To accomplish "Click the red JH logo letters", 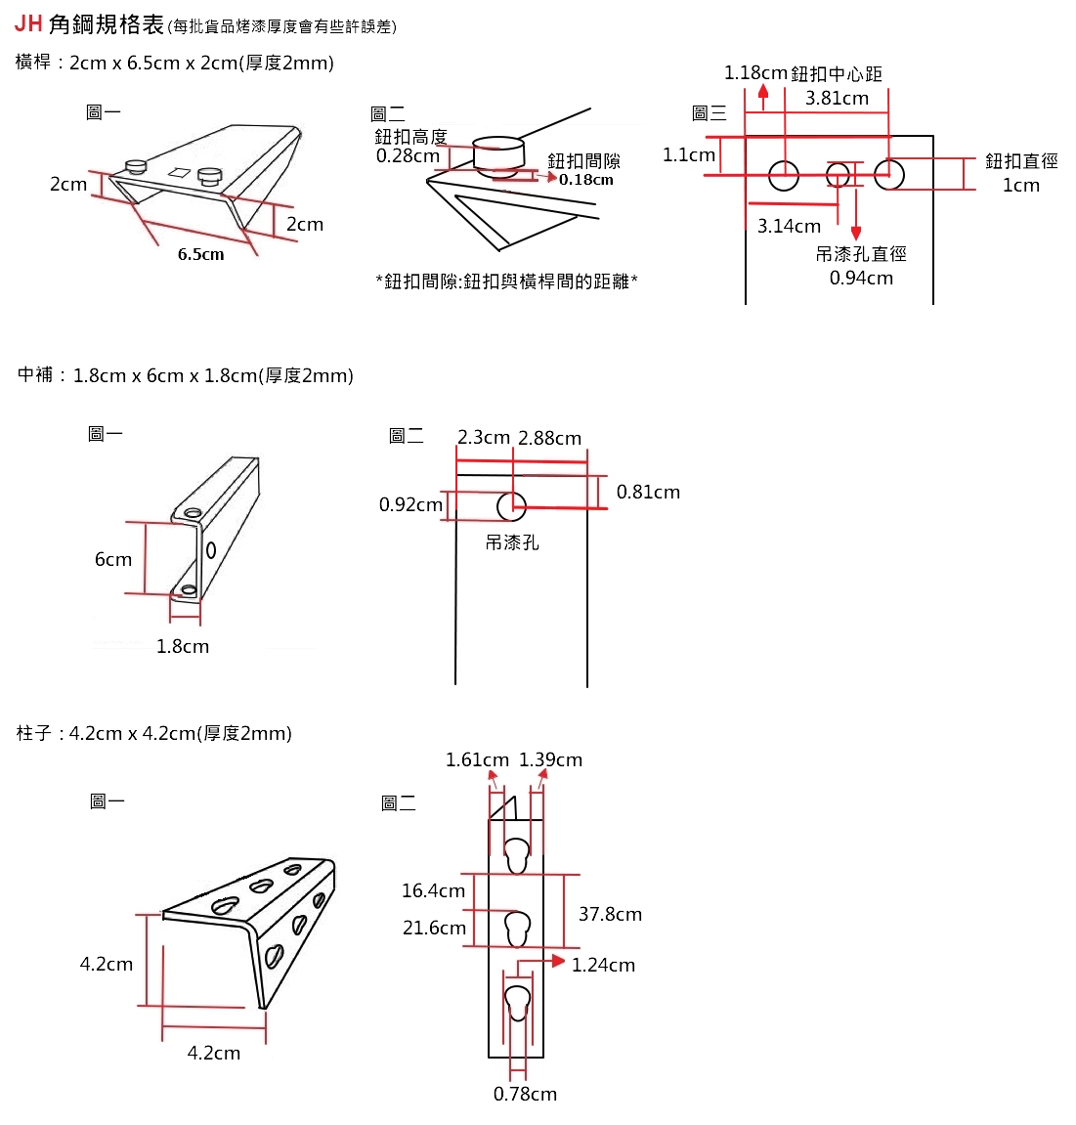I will [28, 23].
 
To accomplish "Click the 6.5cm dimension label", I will [200, 254].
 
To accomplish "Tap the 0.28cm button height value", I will [408, 155].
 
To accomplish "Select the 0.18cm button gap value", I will [586, 179].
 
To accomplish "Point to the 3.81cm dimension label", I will [837, 98].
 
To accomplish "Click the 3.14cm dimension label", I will [789, 226].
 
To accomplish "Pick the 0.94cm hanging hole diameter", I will [861, 278].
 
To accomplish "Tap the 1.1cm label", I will [688, 154].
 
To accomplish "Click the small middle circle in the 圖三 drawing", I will [838, 175].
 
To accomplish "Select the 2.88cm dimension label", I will [549, 438].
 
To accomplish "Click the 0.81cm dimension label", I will [648, 492].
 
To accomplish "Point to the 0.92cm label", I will [410, 504].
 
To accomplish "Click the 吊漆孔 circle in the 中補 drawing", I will [511, 506].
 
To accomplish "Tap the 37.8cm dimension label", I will [610, 914].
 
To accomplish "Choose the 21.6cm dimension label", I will [434, 928].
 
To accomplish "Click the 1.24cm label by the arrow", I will [603, 965].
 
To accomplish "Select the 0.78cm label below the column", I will [525, 1094].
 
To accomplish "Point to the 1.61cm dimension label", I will [477, 759].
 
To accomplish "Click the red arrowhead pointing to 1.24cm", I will [558, 961].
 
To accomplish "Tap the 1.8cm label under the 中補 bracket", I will [183, 646].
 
